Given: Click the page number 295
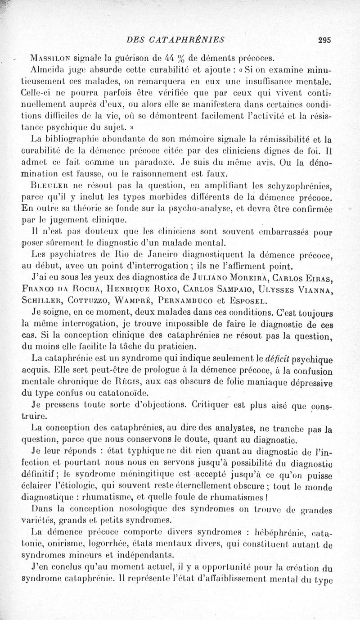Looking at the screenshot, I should [x=324, y=39].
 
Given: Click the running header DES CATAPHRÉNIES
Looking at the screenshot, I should [x=176, y=39].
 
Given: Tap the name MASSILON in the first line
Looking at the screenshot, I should [x=51, y=58].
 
